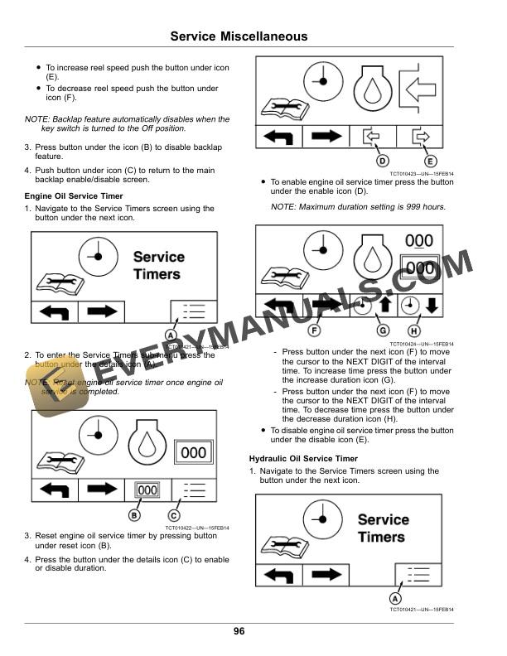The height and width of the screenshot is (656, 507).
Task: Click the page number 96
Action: pos(239,632)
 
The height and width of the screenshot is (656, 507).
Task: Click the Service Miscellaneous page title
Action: pos(239,36)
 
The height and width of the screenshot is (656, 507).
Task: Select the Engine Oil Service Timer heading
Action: pos(74,196)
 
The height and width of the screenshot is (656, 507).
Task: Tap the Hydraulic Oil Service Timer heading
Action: pos(303,458)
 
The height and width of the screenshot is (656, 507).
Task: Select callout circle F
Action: pos(314,330)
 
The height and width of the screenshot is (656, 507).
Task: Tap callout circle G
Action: pos(383,330)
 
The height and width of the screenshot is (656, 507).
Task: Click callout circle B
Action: pos(133,516)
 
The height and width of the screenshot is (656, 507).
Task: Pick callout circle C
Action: pos(174,516)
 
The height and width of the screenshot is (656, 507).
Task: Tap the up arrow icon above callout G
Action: pos(384,306)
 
